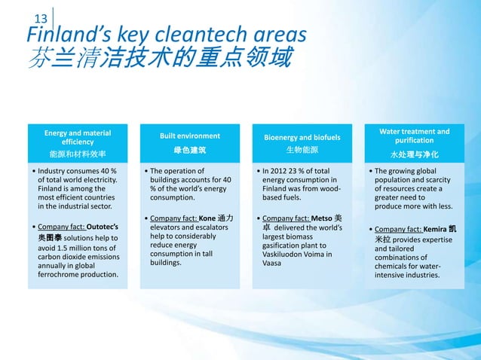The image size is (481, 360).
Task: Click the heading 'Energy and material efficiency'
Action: [x=78, y=137]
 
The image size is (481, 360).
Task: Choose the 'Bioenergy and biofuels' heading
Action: [x=302, y=138]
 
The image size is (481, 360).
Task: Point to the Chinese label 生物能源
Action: [x=302, y=151]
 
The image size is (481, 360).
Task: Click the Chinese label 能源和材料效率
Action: [x=78, y=154]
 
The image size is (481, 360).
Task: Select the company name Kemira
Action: [x=440, y=229]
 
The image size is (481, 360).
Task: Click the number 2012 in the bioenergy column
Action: [x=281, y=171]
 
